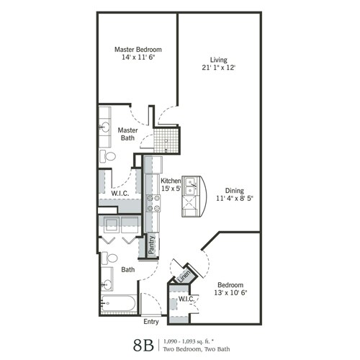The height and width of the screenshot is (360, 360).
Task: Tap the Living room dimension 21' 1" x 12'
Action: [218, 68]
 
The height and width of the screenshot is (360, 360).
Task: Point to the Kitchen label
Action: [171, 181]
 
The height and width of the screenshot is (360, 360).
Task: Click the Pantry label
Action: [152, 246]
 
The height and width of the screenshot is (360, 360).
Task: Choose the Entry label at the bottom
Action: [151, 321]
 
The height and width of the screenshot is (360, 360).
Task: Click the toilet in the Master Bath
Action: [109, 156]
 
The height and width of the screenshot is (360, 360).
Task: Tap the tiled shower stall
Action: [167, 137]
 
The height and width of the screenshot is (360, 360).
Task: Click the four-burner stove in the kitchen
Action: [153, 203]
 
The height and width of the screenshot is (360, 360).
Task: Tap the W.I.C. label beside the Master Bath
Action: [120, 193]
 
